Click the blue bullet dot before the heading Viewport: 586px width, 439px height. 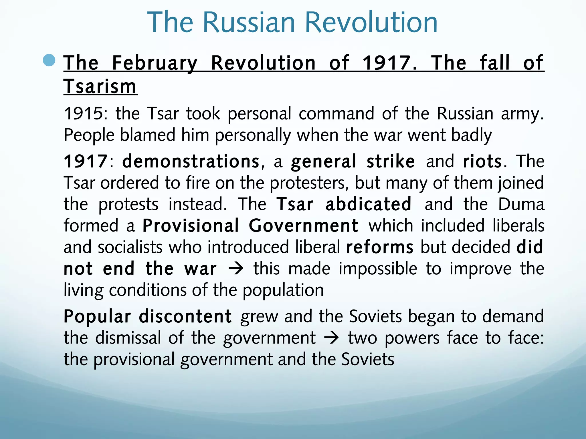(x=49, y=60)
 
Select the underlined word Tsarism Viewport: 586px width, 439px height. (x=100, y=86)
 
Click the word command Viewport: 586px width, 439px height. (x=336, y=113)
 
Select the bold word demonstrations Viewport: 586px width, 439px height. (x=191, y=161)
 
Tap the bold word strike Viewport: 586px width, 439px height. (x=391, y=161)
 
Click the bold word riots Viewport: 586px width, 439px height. (x=482, y=161)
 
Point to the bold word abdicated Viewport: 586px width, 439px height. (x=369, y=204)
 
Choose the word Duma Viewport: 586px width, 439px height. (x=521, y=204)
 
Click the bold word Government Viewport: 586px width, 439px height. (x=303, y=226)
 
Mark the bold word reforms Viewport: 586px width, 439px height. (x=380, y=247)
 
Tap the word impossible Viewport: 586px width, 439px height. (x=378, y=269)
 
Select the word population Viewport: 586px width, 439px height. (x=283, y=290)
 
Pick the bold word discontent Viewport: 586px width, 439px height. (x=185, y=316)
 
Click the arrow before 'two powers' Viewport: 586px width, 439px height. (x=332, y=338)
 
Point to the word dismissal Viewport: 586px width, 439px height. (x=128, y=338)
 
